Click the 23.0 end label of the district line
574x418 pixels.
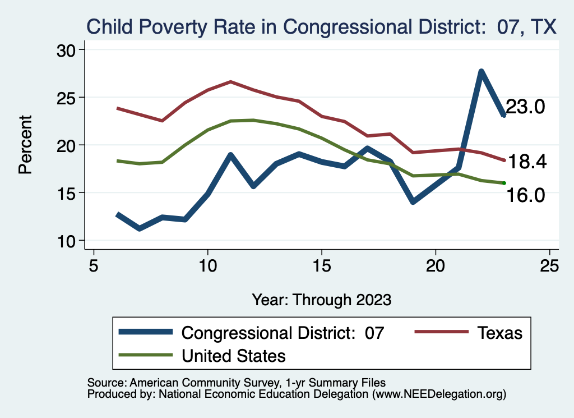(525, 107)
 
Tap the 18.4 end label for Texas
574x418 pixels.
(526, 162)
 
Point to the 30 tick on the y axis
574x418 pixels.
(70, 50)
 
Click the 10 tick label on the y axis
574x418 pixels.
(70, 241)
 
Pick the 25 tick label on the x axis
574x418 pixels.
(549, 266)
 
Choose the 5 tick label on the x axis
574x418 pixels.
(94, 266)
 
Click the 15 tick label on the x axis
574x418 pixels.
(322, 266)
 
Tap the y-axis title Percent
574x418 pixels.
(25, 145)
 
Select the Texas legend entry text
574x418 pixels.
(499, 333)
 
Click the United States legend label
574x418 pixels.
(233, 356)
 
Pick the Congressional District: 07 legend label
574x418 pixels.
(283, 333)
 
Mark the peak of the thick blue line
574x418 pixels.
(481, 71)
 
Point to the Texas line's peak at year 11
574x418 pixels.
(230, 82)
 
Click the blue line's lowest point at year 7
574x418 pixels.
(139, 228)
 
